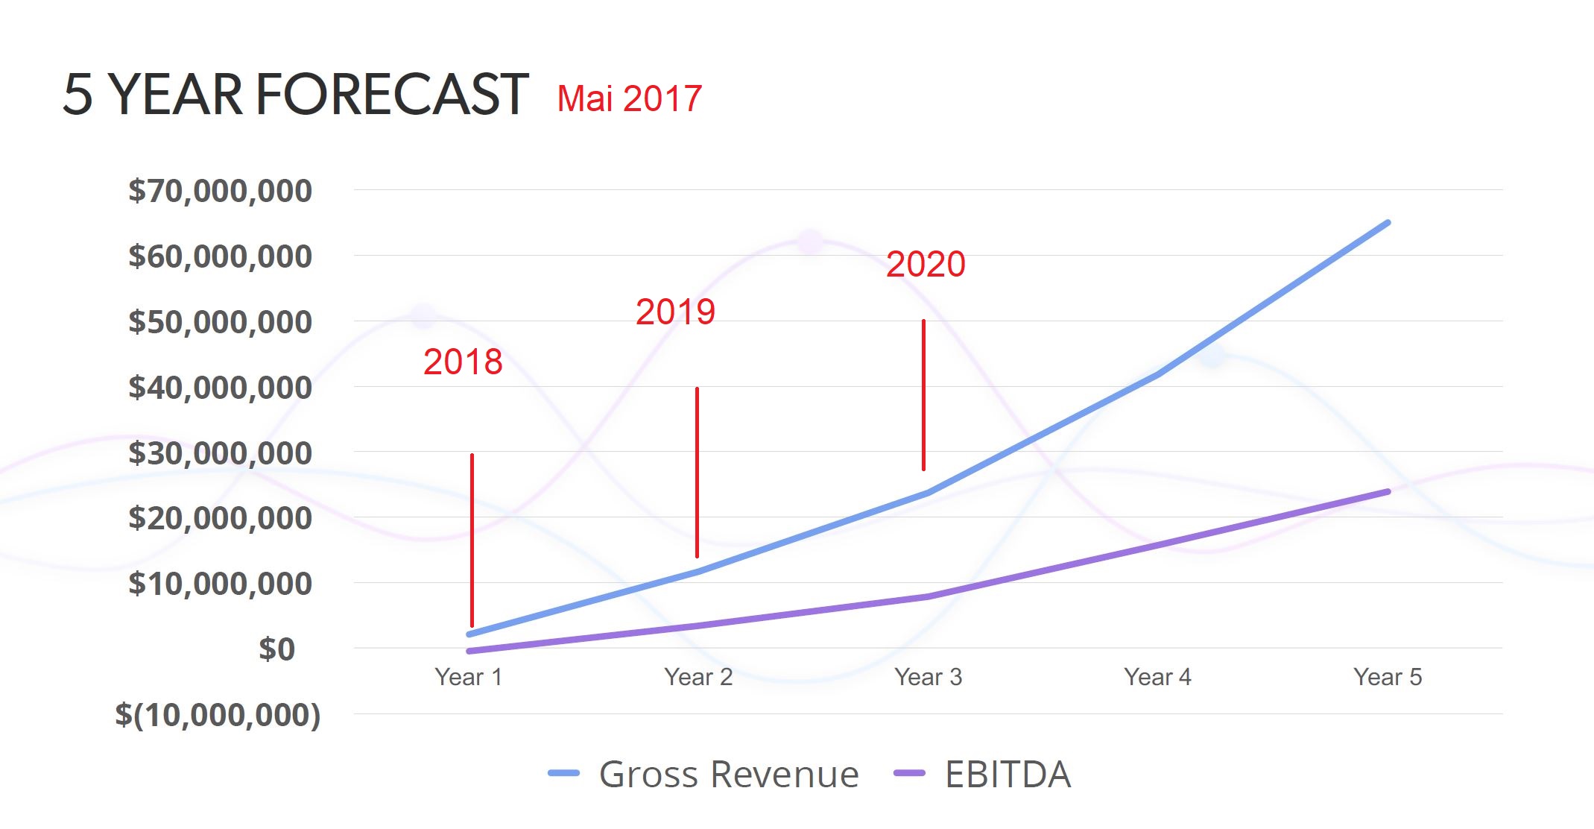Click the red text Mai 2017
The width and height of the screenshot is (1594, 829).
[x=629, y=99]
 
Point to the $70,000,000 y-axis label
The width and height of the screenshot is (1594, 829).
[x=220, y=191]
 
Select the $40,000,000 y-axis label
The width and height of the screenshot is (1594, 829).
[x=220, y=388]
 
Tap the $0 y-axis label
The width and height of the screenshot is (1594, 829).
[x=276, y=649]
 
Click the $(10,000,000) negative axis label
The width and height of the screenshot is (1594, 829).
[x=218, y=715]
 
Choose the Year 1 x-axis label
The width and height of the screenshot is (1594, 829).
[x=469, y=677]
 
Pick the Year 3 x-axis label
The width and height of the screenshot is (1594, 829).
[x=928, y=677]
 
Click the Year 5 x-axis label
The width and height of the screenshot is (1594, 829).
[x=1388, y=677]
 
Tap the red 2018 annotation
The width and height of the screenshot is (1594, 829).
[x=463, y=362]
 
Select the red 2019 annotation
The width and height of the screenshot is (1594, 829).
[x=675, y=312]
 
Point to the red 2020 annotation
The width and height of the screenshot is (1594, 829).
[x=926, y=264]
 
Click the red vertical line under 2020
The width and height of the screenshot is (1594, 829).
[x=923, y=395]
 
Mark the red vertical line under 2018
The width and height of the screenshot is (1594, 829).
[x=472, y=540]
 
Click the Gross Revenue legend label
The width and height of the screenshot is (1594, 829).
[x=728, y=774]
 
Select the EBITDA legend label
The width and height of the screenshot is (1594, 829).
[x=1008, y=774]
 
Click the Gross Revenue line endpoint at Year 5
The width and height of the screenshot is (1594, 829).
[x=1388, y=223]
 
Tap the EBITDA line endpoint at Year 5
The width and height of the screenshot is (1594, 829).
[x=1388, y=492]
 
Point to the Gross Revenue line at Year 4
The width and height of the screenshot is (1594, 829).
[x=1157, y=374]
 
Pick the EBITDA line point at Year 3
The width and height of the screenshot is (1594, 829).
[x=928, y=596]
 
